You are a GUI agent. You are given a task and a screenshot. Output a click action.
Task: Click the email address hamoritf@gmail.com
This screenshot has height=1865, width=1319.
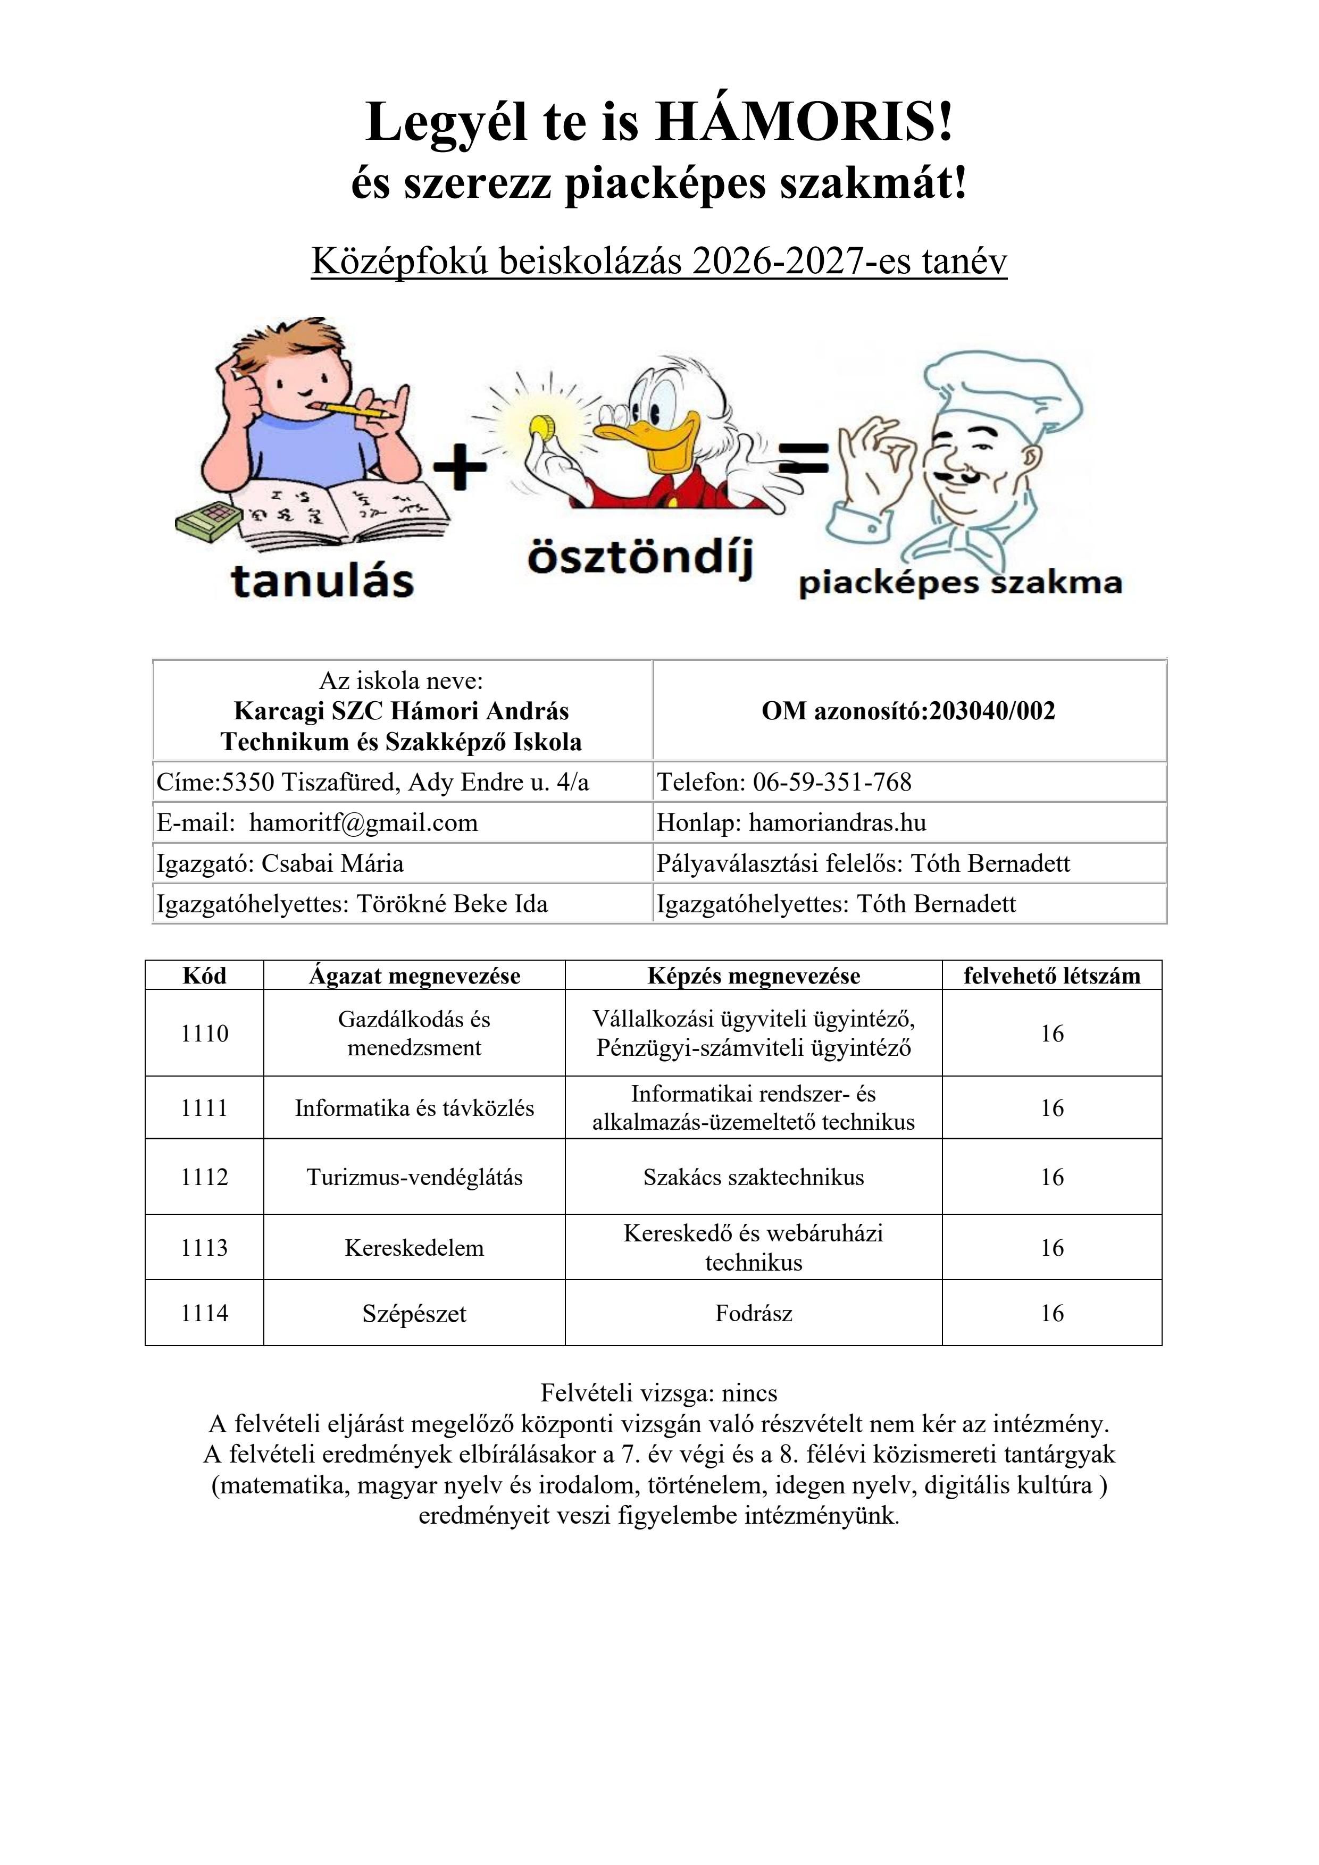pyautogui.click(x=363, y=823)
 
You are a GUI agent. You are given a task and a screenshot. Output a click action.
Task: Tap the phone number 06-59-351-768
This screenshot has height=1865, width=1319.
pyautogui.click(x=832, y=782)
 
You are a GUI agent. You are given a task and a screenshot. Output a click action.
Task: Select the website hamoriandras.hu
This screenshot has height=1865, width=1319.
pyautogui.click(x=837, y=823)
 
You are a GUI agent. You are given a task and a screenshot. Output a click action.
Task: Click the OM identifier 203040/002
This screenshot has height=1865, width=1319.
pyautogui.click(x=991, y=711)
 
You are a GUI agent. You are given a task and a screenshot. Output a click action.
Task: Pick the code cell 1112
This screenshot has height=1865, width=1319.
pyautogui.click(x=204, y=1177)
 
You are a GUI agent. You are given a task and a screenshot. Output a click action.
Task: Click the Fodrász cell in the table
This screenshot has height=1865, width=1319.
pyautogui.click(x=753, y=1314)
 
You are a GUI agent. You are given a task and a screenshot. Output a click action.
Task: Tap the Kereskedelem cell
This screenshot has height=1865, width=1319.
pyautogui.click(x=414, y=1248)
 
